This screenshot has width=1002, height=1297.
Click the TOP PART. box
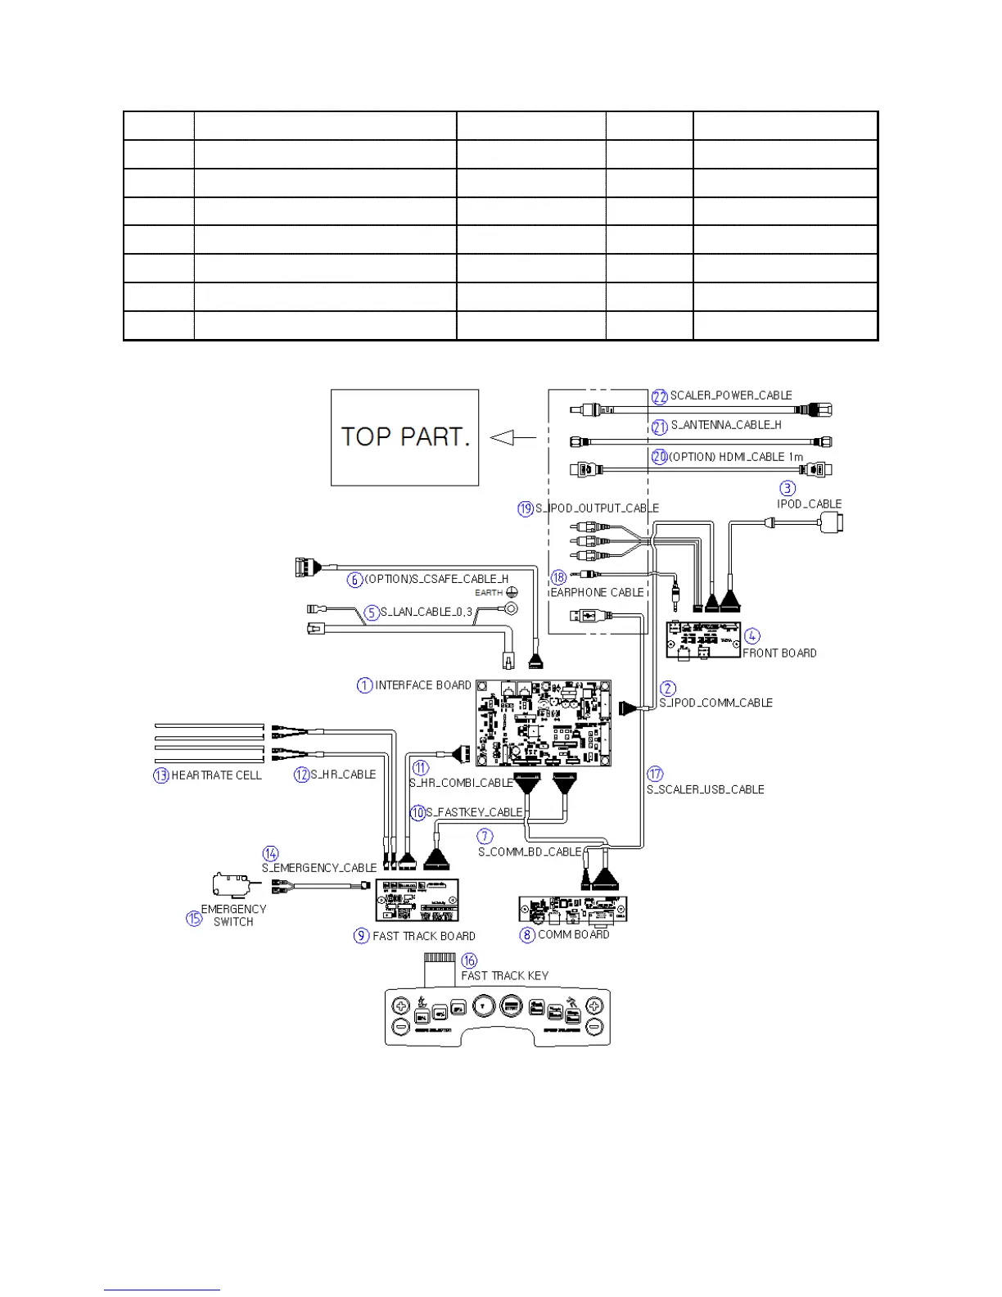(404, 437)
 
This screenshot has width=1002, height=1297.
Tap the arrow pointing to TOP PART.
(503, 438)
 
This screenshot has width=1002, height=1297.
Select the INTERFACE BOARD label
(423, 685)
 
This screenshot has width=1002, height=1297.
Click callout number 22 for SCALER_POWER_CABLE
(660, 397)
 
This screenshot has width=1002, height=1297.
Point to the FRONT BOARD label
(779, 653)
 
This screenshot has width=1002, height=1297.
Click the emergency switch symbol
(232, 884)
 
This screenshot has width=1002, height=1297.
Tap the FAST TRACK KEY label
(505, 976)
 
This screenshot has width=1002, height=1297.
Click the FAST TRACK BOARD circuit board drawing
(417, 901)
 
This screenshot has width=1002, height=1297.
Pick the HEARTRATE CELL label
(216, 775)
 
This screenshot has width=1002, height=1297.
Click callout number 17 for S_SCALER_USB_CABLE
(655, 774)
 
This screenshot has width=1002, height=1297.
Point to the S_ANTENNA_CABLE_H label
(726, 425)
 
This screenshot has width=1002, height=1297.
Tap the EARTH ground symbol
(512, 591)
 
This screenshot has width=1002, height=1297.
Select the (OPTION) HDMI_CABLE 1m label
(736, 457)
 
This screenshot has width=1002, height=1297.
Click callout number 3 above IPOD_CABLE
(788, 488)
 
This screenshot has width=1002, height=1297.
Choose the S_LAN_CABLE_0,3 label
(427, 612)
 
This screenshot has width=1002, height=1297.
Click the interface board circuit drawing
(544, 722)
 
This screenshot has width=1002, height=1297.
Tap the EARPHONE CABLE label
(597, 593)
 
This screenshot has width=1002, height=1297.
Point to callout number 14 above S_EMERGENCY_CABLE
(271, 853)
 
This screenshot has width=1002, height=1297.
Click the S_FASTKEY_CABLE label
(474, 812)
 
